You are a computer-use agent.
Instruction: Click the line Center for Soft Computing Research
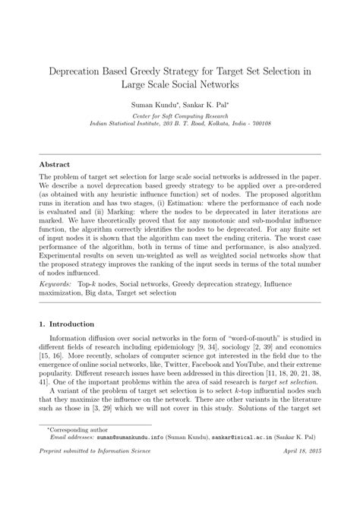(180, 115)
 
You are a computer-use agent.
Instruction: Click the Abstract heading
(55, 164)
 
